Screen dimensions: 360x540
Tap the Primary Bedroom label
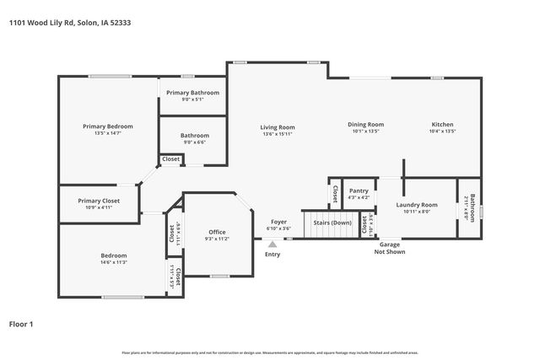pos(107,126)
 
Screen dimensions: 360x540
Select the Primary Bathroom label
pos(192,92)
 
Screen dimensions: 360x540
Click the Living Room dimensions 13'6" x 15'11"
pos(277,134)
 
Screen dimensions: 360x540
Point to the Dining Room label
pos(365,125)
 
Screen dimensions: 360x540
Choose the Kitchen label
pos(442,125)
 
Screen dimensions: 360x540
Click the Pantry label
pos(359,191)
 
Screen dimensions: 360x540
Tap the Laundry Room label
pos(417,205)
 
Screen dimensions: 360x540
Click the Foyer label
pos(278,222)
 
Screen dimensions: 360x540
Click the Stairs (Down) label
pos(332,223)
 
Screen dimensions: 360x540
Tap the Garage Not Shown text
pos(389,248)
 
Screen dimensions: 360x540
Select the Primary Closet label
pos(99,201)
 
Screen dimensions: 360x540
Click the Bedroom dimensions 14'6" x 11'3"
pos(114,262)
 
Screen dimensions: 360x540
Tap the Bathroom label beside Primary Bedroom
pos(194,135)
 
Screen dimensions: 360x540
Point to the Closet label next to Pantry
pos(334,194)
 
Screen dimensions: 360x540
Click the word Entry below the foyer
pos(273,254)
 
